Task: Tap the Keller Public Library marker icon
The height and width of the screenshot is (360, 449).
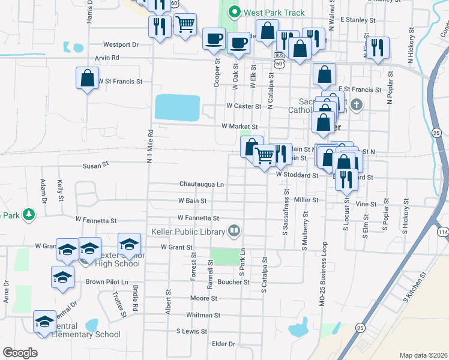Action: click(x=234, y=230)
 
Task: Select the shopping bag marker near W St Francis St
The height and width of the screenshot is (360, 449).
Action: click(x=87, y=78)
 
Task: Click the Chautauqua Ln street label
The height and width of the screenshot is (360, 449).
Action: click(x=201, y=184)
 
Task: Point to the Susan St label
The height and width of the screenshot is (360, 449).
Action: click(x=95, y=163)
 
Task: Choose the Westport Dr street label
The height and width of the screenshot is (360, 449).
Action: click(x=121, y=44)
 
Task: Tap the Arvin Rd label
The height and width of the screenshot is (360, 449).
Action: click(x=107, y=58)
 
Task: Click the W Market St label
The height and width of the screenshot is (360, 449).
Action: click(x=240, y=127)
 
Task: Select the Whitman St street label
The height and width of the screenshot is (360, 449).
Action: click(x=203, y=314)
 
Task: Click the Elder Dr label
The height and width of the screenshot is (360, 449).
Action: click(x=223, y=344)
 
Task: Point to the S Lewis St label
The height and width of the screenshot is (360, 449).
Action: click(x=191, y=331)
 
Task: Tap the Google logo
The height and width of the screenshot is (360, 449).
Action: click(x=20, y=353)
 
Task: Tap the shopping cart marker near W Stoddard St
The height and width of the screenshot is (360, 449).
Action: click(x=264, y=156)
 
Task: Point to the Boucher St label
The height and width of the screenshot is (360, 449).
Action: click(x=234, y=281)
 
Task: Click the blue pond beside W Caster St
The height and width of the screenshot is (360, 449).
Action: click(x=177, y=107)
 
